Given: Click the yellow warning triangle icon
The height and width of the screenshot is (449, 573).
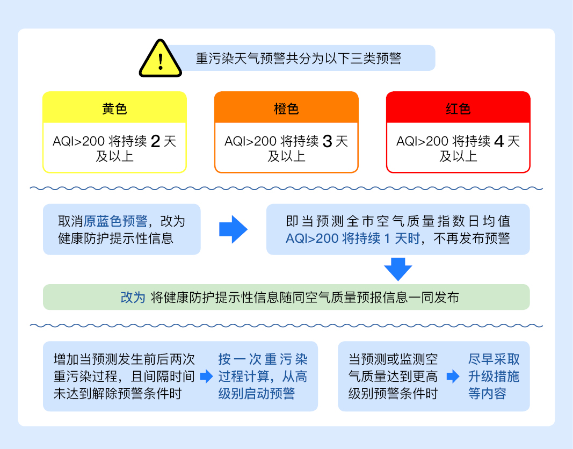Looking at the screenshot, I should click(161, 59).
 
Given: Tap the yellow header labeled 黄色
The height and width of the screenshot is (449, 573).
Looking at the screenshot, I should click(114, 108).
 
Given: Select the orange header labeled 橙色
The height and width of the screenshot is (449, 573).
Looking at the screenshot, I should click(286, 108).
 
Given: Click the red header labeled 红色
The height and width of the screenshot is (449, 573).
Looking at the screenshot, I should click(458, 108).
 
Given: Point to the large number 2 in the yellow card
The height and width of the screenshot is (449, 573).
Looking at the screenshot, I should click(156, 142).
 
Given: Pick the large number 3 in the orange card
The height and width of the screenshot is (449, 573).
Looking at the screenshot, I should click(328, 142).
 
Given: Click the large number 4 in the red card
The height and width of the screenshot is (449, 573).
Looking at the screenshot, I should click(499, 142).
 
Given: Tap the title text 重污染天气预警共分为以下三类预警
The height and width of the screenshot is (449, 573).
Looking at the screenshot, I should click(299, 58).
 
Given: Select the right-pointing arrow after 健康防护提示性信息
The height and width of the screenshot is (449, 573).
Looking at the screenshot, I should click(233, 229).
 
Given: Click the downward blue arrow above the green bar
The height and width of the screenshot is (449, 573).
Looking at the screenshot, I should click(398, 269).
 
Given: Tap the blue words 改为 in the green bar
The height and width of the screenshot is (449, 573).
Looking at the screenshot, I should click(133, 298).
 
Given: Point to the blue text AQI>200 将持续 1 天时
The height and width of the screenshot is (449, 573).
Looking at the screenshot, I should click(353, 238).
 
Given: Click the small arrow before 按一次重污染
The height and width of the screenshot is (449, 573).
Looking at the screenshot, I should click(206, 376).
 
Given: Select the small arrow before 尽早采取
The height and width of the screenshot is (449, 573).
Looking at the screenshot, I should click(453, 376).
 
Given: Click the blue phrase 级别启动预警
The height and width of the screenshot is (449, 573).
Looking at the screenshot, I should click(257, 394).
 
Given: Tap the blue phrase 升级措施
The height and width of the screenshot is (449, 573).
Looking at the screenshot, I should click(494, 376).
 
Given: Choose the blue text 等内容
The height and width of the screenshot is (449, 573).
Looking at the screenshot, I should click(487, 394).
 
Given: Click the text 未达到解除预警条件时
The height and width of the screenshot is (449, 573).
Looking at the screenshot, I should click(118, 394).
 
